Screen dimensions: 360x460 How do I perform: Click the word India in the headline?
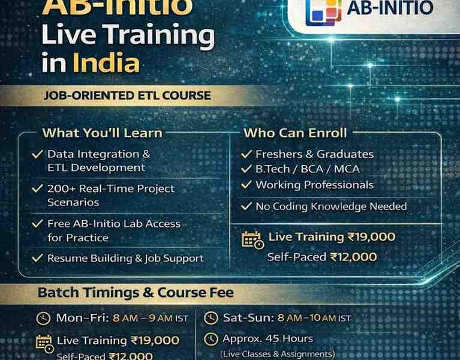pyautogui.click(x=106, y=64)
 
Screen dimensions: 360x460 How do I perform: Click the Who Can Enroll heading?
pyautogui.click(x=295, y=133)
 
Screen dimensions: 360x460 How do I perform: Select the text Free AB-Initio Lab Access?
pyautogui.click(x=114, y=224)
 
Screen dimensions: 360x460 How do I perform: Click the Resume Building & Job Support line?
pyautogui.click(x=125, y=259)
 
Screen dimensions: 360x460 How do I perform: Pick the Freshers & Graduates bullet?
pyautogui.click(x=314, y=154)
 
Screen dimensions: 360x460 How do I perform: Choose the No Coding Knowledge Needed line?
pyautogui.click(x=331, y=206)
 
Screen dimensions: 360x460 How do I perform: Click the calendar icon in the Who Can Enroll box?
pyautogui.click(x=252, y=239)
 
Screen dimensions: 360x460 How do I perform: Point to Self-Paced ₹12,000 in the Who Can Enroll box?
pyautogui.click(x=322, y=257)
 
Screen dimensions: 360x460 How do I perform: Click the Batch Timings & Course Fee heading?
pyautogui.click(x=136, y=293)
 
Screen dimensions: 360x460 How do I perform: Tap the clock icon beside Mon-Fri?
pyautogui.click(x=43, y=318)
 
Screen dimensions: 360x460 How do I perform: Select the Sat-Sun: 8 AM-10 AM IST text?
pyautogui.click(x=287, y=317)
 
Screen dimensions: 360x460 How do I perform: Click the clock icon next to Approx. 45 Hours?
pyautogui.click(x=211, y=339)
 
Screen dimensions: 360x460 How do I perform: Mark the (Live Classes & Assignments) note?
pyautogui.click(x=277, y=354)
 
